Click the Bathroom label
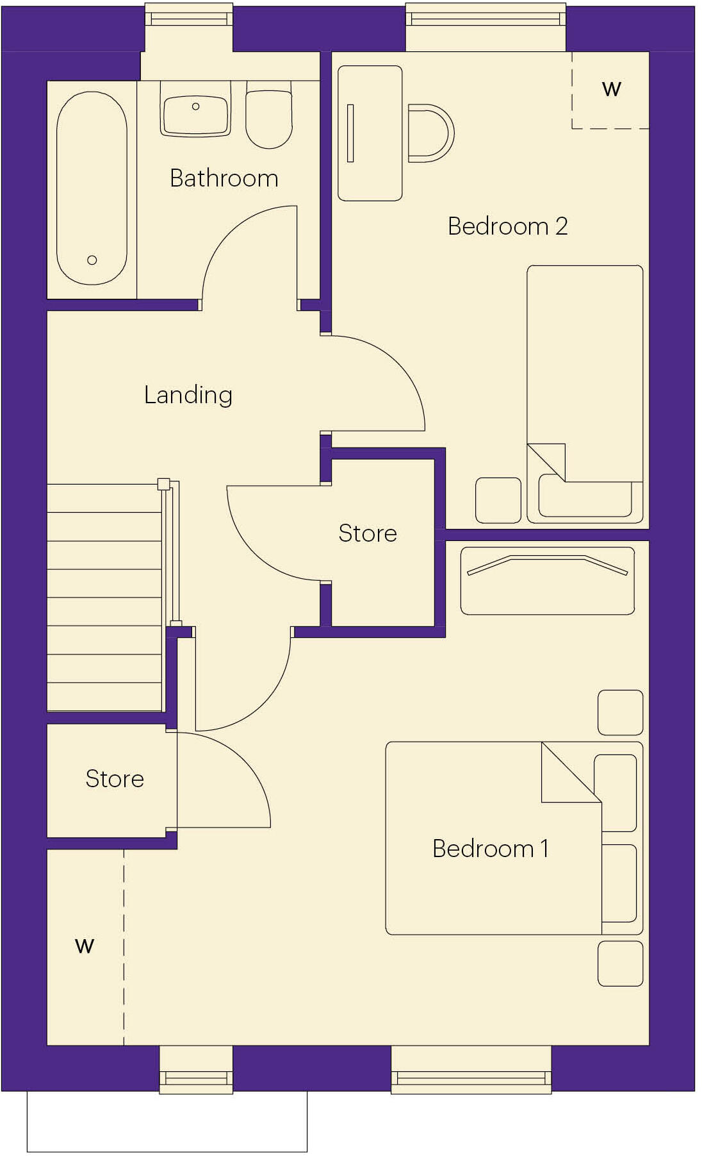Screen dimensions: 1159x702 pyautogui.click(x=224, y=178)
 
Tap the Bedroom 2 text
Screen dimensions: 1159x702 pyautogui.click(x=507, y=226)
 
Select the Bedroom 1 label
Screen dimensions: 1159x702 pyautogui.click(x=490, y=849)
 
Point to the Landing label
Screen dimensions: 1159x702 pyautogui.click(x=188, y=395)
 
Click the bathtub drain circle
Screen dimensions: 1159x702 pyautogui.click(x=92, y=260)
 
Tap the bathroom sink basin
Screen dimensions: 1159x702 pyautogui.click(x=195, y=115)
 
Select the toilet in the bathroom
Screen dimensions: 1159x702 pyautogui.click(x=269, y=119)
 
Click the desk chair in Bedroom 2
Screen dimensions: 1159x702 pyautogui.click(x=430, y=133)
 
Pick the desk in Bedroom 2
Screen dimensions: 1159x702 pyautogui.click(x=370, y=133)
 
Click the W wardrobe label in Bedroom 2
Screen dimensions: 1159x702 pyautogui.click(x=611, y=89)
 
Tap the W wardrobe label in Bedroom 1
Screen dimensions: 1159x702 pyautogui.click(x=85, y=946)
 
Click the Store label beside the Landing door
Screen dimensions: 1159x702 pyautogui.click(x=368, y=533)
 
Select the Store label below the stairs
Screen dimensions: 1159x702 pyautogui.click(x=115, y=779)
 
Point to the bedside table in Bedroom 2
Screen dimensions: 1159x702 pyautogui.click(x=498, y=500)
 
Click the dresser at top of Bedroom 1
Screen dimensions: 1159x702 pyautogui.click(x=548, y=581)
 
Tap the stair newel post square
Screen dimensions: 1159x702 pyautogui.click(x=164, y=484)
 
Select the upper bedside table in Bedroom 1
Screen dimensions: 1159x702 pyautogui.click(x=620, y=712)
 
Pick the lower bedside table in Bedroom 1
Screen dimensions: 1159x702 pyautogui.click(x=620, y=963)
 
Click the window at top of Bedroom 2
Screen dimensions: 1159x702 pyautogui.click(x=486, y=19)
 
